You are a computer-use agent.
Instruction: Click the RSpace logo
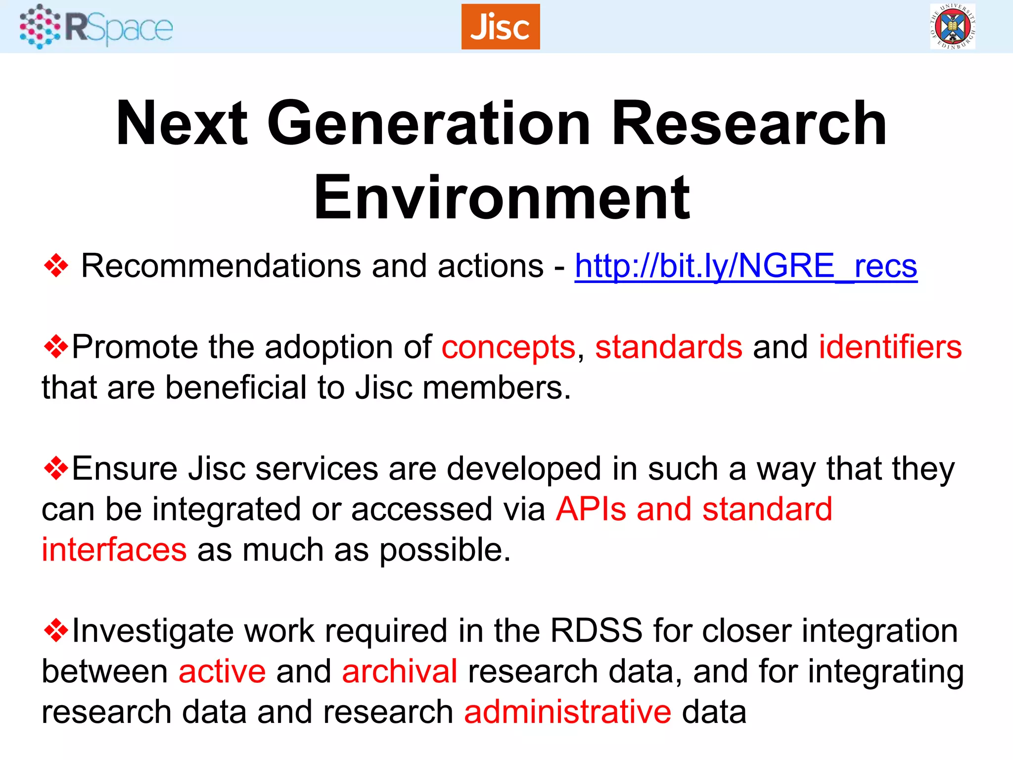pyautogui.click(x=96, y=27)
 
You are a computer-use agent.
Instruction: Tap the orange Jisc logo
pyautogui.click(x=500, y=27)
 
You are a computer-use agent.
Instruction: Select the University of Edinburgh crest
pyautogui.click(x=953, y=26)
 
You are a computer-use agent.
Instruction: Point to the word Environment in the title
pyautogui.click(x=502, y=198)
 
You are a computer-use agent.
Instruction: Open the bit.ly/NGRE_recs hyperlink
pyautogui.click(x=745, y=266)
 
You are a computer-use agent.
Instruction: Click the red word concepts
pyautogui.click(x=508, y=347)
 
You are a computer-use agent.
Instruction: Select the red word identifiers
pyautogui.click(x=890, y=347)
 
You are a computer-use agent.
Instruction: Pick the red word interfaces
pyautogui.click(x=114, y=550)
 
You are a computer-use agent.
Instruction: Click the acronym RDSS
pyautogui.click(x=596, y=631)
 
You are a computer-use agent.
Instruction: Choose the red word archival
pyautogui.click(x=399, y=672)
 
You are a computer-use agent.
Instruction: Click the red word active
pyautogui.click(x=222, y=672)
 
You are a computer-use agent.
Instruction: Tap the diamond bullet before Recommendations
pyautogui.click(x=56, y=266)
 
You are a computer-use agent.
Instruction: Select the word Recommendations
pyautogui.click(x=221, y=266)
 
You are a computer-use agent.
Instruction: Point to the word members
pyautogui.click(x=497, y=388)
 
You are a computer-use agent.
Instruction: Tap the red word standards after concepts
pyautogui.click(x=668, y=347)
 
